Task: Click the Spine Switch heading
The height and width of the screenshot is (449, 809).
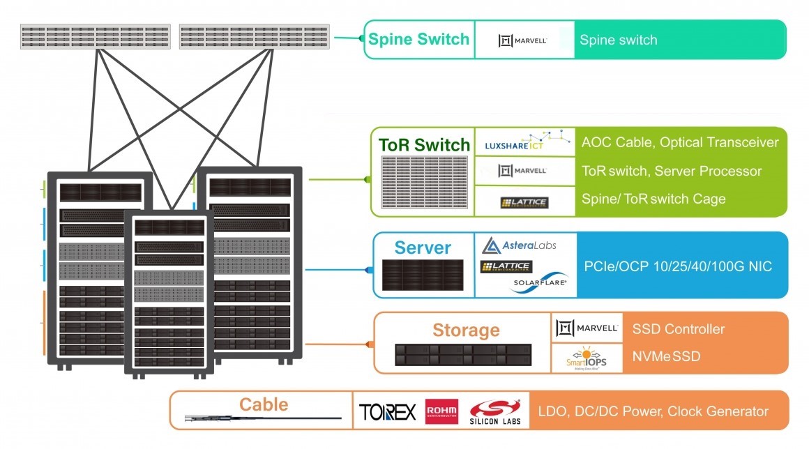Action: [418, 39]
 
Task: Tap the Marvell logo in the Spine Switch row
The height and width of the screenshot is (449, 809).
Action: [522, 40]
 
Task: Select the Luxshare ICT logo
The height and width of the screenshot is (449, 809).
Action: [523, 143]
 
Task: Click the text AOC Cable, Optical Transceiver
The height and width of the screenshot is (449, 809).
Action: [679, 143]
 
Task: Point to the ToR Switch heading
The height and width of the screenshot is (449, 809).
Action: [424, 145]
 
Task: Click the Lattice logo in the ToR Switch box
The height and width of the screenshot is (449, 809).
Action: [524, 202]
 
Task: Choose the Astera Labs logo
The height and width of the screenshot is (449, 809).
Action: [520, 245]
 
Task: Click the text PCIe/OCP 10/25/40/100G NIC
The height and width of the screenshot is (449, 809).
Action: [677, 266]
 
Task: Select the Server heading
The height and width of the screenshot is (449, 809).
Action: [423, 248]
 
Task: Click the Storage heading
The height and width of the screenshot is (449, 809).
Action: [466, 330]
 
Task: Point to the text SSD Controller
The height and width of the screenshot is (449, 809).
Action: [678, 329]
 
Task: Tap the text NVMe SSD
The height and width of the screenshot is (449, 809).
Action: [666, 357]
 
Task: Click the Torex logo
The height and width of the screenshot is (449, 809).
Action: [388, 411]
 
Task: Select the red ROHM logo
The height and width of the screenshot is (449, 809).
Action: [441, 411]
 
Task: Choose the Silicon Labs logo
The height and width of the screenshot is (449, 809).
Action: [495, 411]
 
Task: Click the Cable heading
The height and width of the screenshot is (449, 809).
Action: [263, 404]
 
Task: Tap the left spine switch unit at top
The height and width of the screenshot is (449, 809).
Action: [96, 37]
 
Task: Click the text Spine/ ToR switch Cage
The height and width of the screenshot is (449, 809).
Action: [653, 199]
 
